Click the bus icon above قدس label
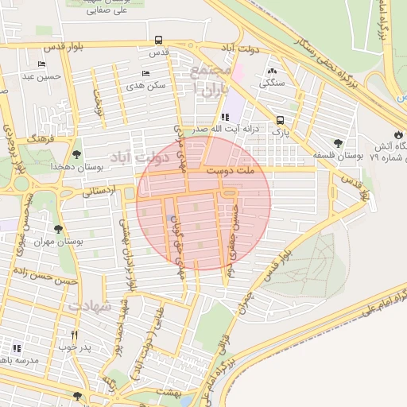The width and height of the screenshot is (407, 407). coord(159,40)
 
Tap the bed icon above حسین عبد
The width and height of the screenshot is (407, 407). coord(41,64)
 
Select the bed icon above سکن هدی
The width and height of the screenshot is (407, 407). coord(145,73)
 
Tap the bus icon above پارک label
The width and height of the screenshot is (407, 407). coord(280,120)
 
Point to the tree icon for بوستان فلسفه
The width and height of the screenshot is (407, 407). coord(339,143)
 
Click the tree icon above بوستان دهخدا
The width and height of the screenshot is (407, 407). coord(77,155)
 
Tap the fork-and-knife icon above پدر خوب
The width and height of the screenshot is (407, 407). coord(75,335)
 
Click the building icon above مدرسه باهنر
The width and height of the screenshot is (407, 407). coord(17,348)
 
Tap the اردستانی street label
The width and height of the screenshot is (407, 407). coord(99,191)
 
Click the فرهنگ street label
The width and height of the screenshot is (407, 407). coord(37,138)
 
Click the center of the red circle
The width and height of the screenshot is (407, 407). coord(203,203)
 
